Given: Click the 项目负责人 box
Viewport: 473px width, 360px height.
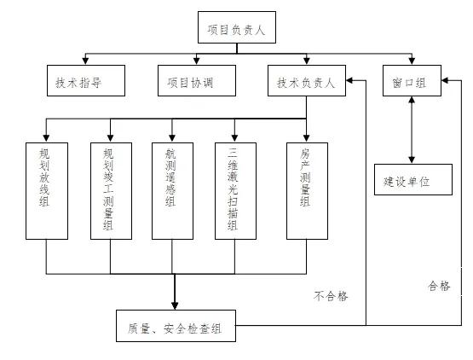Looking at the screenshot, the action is coord(237,27).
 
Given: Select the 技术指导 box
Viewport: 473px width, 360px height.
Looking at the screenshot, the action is coord(86,81).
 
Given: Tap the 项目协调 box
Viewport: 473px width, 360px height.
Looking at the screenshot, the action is coord(197,81).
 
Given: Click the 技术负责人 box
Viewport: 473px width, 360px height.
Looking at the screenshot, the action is coord(307,81).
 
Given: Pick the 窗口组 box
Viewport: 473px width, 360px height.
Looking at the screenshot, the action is coord(412,81).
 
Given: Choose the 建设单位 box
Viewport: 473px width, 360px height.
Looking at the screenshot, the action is coord(413,179).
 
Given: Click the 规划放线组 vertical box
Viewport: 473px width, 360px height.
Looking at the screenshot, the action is coord(47,191).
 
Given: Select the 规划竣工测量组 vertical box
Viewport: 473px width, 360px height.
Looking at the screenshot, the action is coord(112,191).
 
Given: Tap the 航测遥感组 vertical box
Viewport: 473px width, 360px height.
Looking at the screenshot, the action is coord(172,191).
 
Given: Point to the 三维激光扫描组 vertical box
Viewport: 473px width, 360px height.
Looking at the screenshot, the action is coord(235,191).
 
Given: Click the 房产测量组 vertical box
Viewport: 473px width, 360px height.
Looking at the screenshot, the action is coord(307,191).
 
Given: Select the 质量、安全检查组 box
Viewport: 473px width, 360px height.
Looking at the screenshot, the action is coord(176,326).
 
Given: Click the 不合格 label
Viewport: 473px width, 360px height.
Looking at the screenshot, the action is coord(331,296).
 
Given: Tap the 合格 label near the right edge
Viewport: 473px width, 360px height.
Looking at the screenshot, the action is coord(439,286).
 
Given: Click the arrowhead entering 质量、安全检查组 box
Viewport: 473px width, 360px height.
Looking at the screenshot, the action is coord(175,305).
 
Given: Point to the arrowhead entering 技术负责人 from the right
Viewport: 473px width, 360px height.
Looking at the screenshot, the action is coord(350,80).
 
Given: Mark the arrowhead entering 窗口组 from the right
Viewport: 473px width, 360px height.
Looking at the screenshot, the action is coord(445,80).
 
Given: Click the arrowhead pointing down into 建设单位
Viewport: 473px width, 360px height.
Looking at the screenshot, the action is coord(412,160).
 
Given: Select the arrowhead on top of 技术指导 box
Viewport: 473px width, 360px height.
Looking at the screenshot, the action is coord(85,61).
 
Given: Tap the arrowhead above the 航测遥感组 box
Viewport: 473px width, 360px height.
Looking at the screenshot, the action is coord(172,138).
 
